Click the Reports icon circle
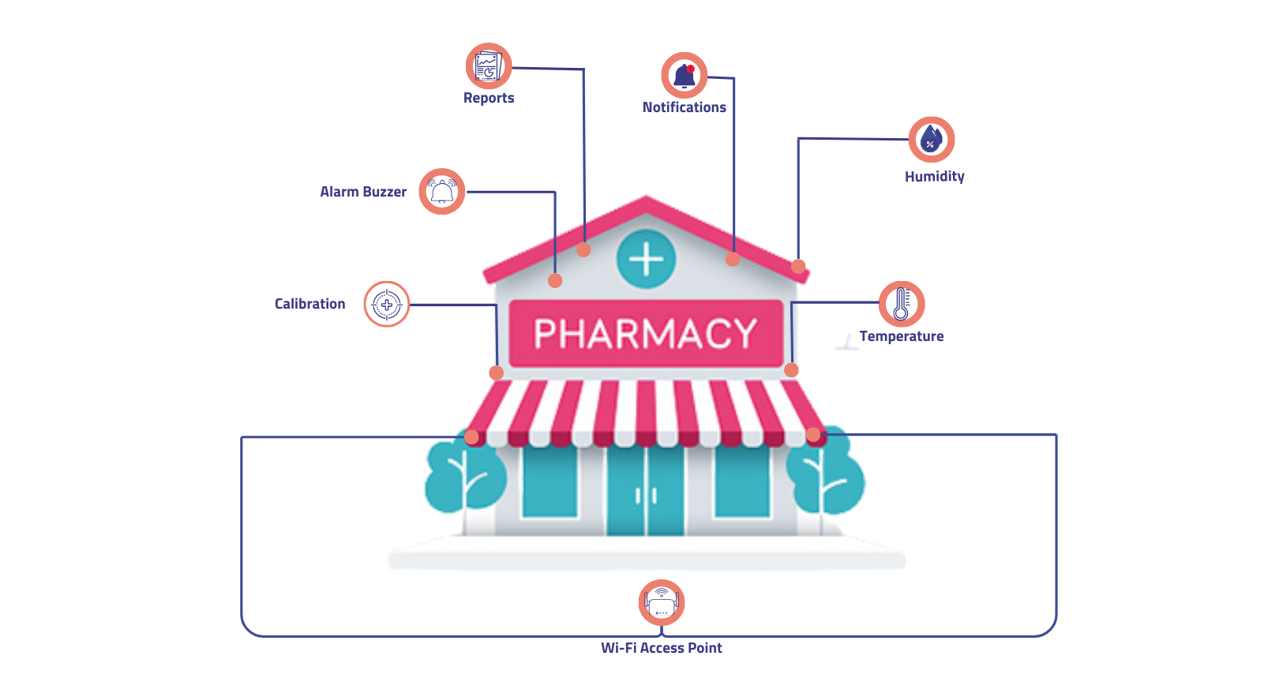coord(489,66)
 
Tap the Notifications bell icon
coord(684,76)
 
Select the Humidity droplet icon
coord(932,140)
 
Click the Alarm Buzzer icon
coord(442,191)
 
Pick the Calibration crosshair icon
coord(387,304)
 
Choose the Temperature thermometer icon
coord(902,304)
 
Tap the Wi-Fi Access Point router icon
coord(662,603)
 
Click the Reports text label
coord(489,98)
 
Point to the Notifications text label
coord(684,107)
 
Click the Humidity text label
coord(934,177)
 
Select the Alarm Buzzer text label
coord(363,192)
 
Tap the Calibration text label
coord(309,304)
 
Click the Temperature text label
coord(901,336)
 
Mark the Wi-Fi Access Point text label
coord(662,648)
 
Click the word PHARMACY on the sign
coord(646,334)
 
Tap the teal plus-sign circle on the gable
coord(646,259)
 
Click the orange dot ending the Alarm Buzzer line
coord(555,281)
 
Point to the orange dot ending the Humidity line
coord(798,267)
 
